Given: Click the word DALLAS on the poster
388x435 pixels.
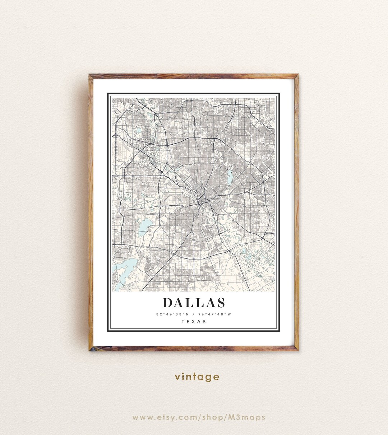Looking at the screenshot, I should click(x=194, y=303).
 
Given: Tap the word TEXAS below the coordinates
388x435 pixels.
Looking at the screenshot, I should click(x=194, y=322).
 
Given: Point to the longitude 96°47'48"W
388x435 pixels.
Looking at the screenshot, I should click(x=215, y=314).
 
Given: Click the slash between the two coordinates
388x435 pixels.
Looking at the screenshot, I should click(x=193, y=314).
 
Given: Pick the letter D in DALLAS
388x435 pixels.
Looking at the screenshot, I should click(x=168, y=303).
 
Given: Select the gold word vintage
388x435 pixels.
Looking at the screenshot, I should click(x=197, y=377).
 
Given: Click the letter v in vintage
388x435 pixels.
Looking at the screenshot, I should click(x=177, y=377).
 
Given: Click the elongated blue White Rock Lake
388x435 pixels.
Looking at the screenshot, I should click(x=229, y=177).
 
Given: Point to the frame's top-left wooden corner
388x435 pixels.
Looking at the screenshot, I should click(x=91, y=76).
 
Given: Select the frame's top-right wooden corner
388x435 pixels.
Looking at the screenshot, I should click(x=297, y=76).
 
